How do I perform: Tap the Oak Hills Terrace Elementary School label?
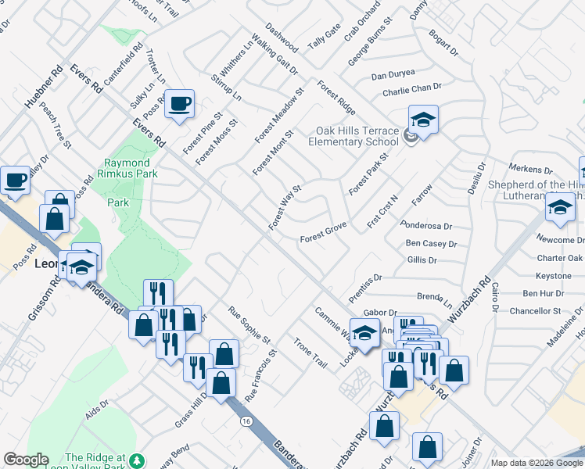pos(354,136)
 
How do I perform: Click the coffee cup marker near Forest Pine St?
pos(179,105)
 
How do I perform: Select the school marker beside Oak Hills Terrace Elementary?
pos(423,120)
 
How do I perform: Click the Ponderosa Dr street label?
pos(426,226)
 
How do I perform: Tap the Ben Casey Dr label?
pos(431,244)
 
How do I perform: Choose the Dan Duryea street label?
pos(393,76)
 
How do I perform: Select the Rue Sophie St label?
pos(249,324)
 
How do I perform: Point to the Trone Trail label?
pos(310,353)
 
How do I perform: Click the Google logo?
pos(26,460)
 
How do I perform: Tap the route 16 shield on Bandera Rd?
pos(246,421)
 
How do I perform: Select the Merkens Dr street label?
pos(530,168)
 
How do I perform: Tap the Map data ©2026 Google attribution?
pos(536,463)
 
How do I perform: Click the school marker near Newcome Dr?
pos(560,208)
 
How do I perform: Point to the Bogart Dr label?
pos(443,44)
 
